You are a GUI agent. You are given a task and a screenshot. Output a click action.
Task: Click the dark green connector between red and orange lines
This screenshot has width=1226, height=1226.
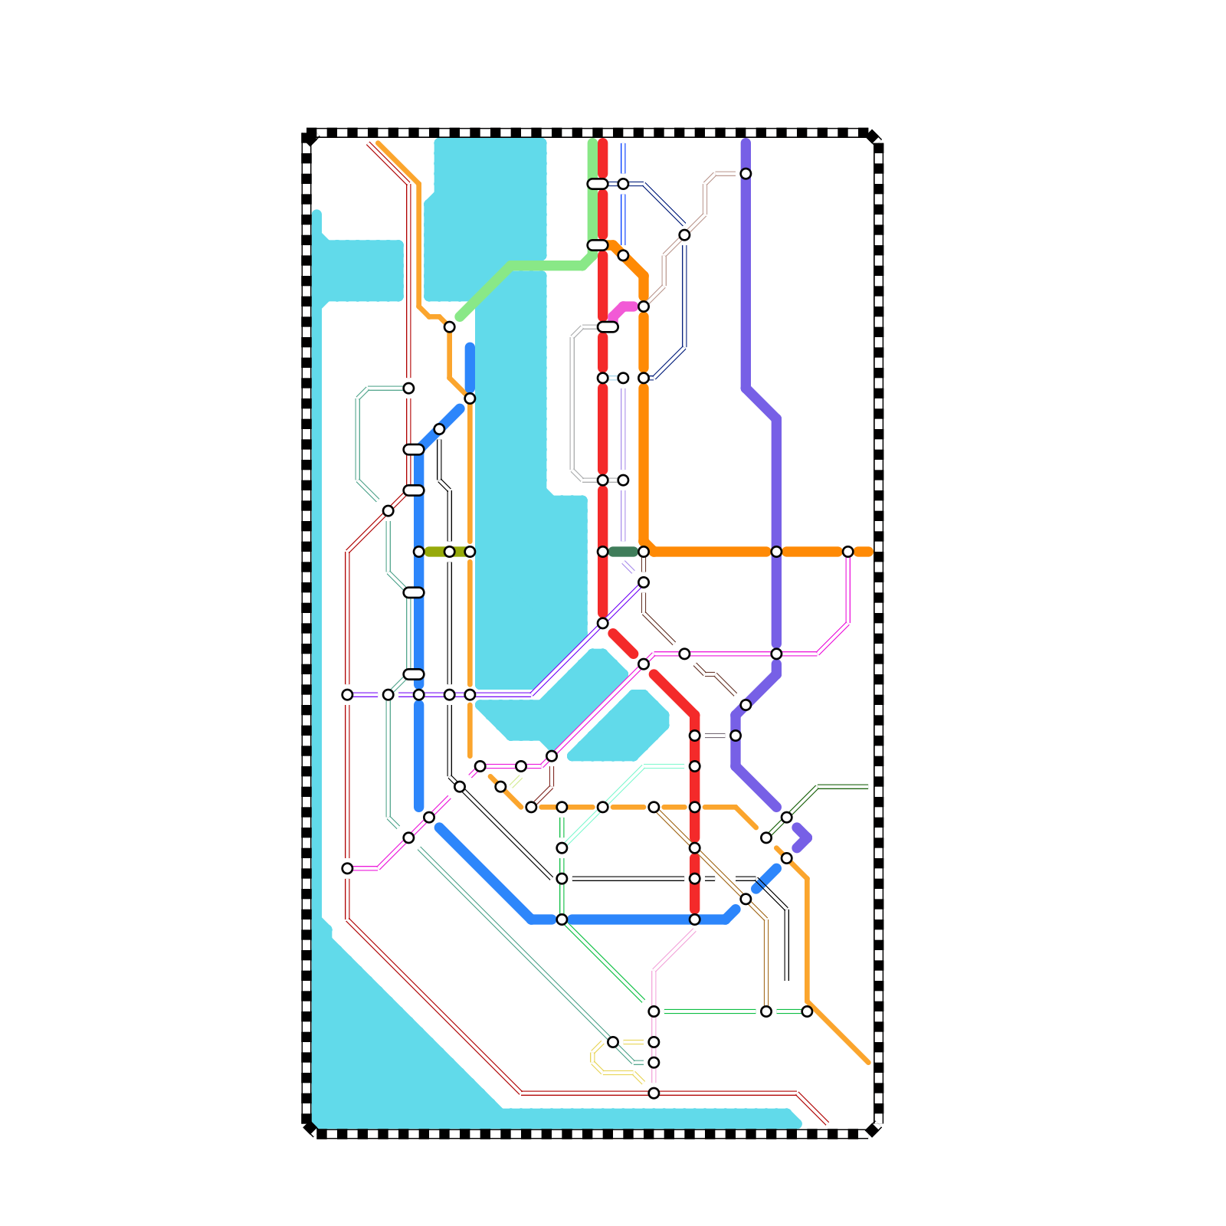point(623,552)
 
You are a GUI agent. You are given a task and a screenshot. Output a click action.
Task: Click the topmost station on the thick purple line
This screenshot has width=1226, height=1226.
point(746,174)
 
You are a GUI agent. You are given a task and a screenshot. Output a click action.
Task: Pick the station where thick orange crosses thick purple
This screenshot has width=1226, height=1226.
point(776,552)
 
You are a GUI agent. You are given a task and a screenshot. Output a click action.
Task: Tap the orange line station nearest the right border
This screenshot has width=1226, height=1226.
point(847,552)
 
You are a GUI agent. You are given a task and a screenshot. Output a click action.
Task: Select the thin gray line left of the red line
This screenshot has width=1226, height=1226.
point(572,406)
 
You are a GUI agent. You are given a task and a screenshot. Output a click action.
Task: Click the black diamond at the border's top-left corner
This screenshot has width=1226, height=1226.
point(310,139)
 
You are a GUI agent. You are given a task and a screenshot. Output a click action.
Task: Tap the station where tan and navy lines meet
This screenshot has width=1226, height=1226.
point(684,235)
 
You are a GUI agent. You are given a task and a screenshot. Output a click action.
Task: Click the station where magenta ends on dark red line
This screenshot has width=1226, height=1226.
point(347,868)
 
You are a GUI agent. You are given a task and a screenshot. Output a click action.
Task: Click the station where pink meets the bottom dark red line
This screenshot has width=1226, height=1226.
point(654,1093)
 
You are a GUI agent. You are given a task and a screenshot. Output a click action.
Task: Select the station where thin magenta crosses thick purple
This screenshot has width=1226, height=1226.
point(776,654)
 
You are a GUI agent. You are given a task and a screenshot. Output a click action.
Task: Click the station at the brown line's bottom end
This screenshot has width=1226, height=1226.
point(766,1011)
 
